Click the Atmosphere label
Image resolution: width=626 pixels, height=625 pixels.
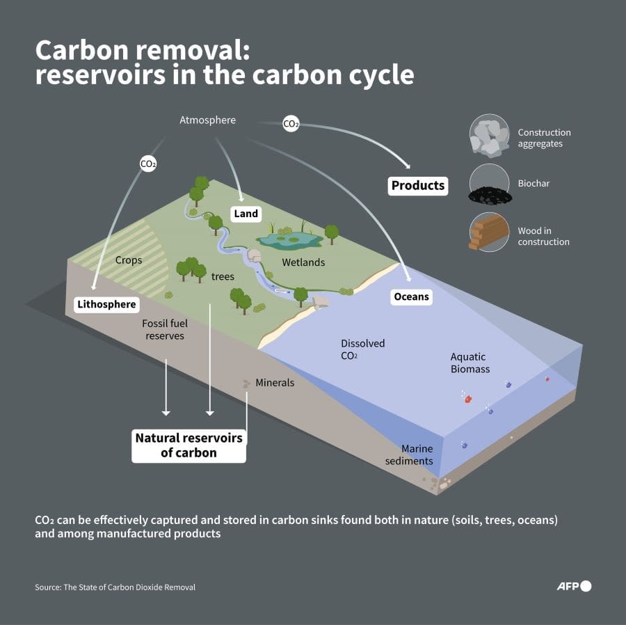coord(207,120)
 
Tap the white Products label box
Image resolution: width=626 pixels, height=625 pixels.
coord(417,185)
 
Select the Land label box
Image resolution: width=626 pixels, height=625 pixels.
coord(246,214)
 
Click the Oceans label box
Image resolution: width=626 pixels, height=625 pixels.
coord(411,296)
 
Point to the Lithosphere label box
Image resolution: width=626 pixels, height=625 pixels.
coord(107,304)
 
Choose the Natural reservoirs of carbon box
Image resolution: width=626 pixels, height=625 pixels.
coord(188,445)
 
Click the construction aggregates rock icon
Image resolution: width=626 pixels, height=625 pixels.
coord(489,136)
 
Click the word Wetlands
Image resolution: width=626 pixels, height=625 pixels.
coord(303,262)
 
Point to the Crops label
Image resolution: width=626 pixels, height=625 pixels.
coord(129,260)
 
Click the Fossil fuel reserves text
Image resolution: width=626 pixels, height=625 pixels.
coord(165,329)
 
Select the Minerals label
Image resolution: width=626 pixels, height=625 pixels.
coord(275,382)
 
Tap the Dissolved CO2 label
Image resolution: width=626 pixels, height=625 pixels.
coord(362,349)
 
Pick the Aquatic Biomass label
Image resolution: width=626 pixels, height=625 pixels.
coord(470,363)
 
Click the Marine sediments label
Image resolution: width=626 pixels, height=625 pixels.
coord(417,454)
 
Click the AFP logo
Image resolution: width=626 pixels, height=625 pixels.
coord(574,586)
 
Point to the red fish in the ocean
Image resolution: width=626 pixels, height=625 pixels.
coord(468,399)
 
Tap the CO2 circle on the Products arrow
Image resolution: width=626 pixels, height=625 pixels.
coord(291,124)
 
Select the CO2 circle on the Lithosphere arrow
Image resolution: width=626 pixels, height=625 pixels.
coord(148,164)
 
